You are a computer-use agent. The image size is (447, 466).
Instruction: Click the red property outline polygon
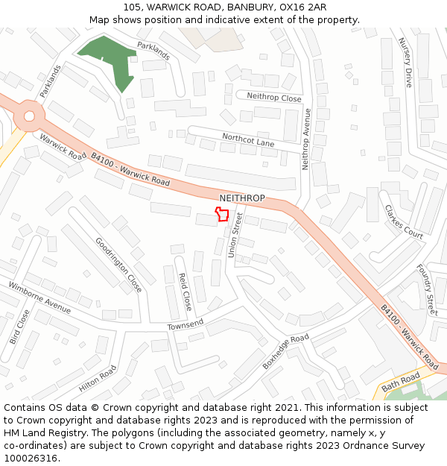pos(221,215)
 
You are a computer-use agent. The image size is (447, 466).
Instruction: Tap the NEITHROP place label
pos(242,198)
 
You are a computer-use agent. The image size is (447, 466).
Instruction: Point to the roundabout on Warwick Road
pos(29,116)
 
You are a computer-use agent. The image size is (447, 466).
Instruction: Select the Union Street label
pos(235,235)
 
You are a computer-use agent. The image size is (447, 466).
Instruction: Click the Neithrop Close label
pos(274,98)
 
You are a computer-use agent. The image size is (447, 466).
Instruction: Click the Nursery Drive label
pos(406,63)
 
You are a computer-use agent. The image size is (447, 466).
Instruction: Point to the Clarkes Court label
pos(404,221)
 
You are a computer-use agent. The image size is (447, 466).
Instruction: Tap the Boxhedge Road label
pos(285,351)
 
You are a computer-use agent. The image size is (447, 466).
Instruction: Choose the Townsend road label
pos(186,326)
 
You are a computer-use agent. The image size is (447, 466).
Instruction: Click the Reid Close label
pos(184,292)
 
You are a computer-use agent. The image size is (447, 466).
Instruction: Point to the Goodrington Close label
pos(118,265)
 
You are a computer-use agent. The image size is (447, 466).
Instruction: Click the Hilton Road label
pos(98,379)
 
